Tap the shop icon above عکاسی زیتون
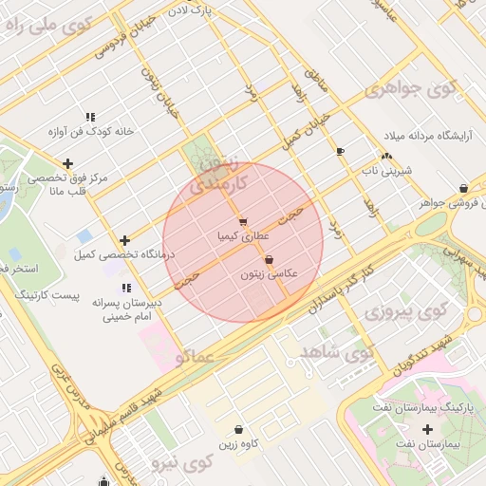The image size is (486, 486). [x=269, y=259]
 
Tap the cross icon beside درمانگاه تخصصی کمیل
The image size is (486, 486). [x=124, y=240]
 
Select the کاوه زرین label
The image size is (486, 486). [x=237, y=443]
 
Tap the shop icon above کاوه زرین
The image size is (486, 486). [x=236, y=429]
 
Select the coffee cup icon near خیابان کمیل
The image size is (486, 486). [x=340, y=152]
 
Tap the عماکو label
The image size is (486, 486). [x=194, y=358]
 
